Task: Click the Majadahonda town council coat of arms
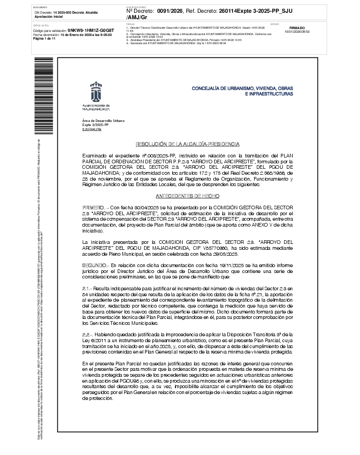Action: coord(96,93)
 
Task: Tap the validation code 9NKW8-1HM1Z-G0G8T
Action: coord(90,30)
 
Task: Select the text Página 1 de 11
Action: coord(44,39)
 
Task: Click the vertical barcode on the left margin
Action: coord(38,95)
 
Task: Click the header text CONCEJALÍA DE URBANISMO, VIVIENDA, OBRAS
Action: coord(242,88)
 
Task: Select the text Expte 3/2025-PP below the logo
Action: coord(95,125)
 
